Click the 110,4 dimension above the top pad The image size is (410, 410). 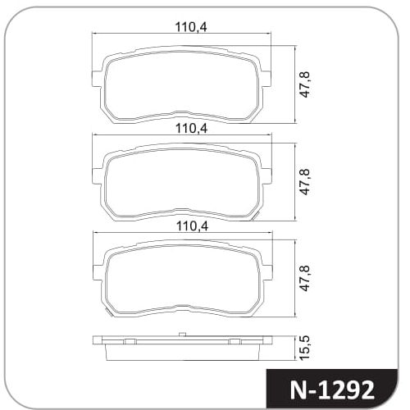(191, 27)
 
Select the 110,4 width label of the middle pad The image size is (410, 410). (191, 128)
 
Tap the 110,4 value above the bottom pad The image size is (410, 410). (192, 226)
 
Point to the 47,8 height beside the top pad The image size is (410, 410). (304, 84)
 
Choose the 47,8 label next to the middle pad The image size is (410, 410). (304, 181)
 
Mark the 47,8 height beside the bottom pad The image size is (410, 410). (304, 278)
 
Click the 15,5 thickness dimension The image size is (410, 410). (304, 348)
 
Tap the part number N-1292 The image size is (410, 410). (332, 390)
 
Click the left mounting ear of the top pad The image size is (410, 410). (96, 79)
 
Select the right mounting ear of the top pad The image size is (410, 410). (266, 79)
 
